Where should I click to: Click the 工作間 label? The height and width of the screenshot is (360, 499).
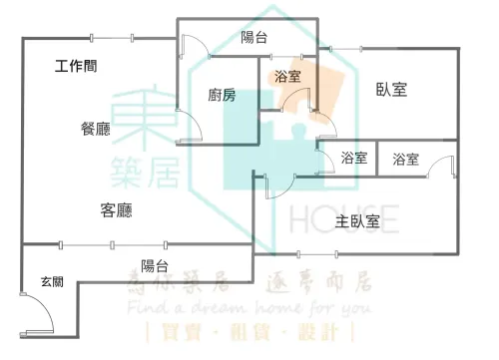tap(76, 68)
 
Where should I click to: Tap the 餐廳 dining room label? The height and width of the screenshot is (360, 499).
tap(97, 128)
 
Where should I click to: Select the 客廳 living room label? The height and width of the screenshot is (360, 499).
tap(117, 210)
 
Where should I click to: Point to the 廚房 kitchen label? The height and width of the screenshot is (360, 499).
tap(222, 96)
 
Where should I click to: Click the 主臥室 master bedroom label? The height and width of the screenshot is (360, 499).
tap(356, 221)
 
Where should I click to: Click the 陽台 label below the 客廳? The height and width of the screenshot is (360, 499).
tap(154, 265)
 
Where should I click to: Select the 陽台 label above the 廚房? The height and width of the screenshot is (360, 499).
tap(254, 38)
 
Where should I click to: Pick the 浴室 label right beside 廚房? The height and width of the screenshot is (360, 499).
tap(286, 77)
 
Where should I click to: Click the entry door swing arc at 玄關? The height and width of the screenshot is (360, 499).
tap(38, 311)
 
